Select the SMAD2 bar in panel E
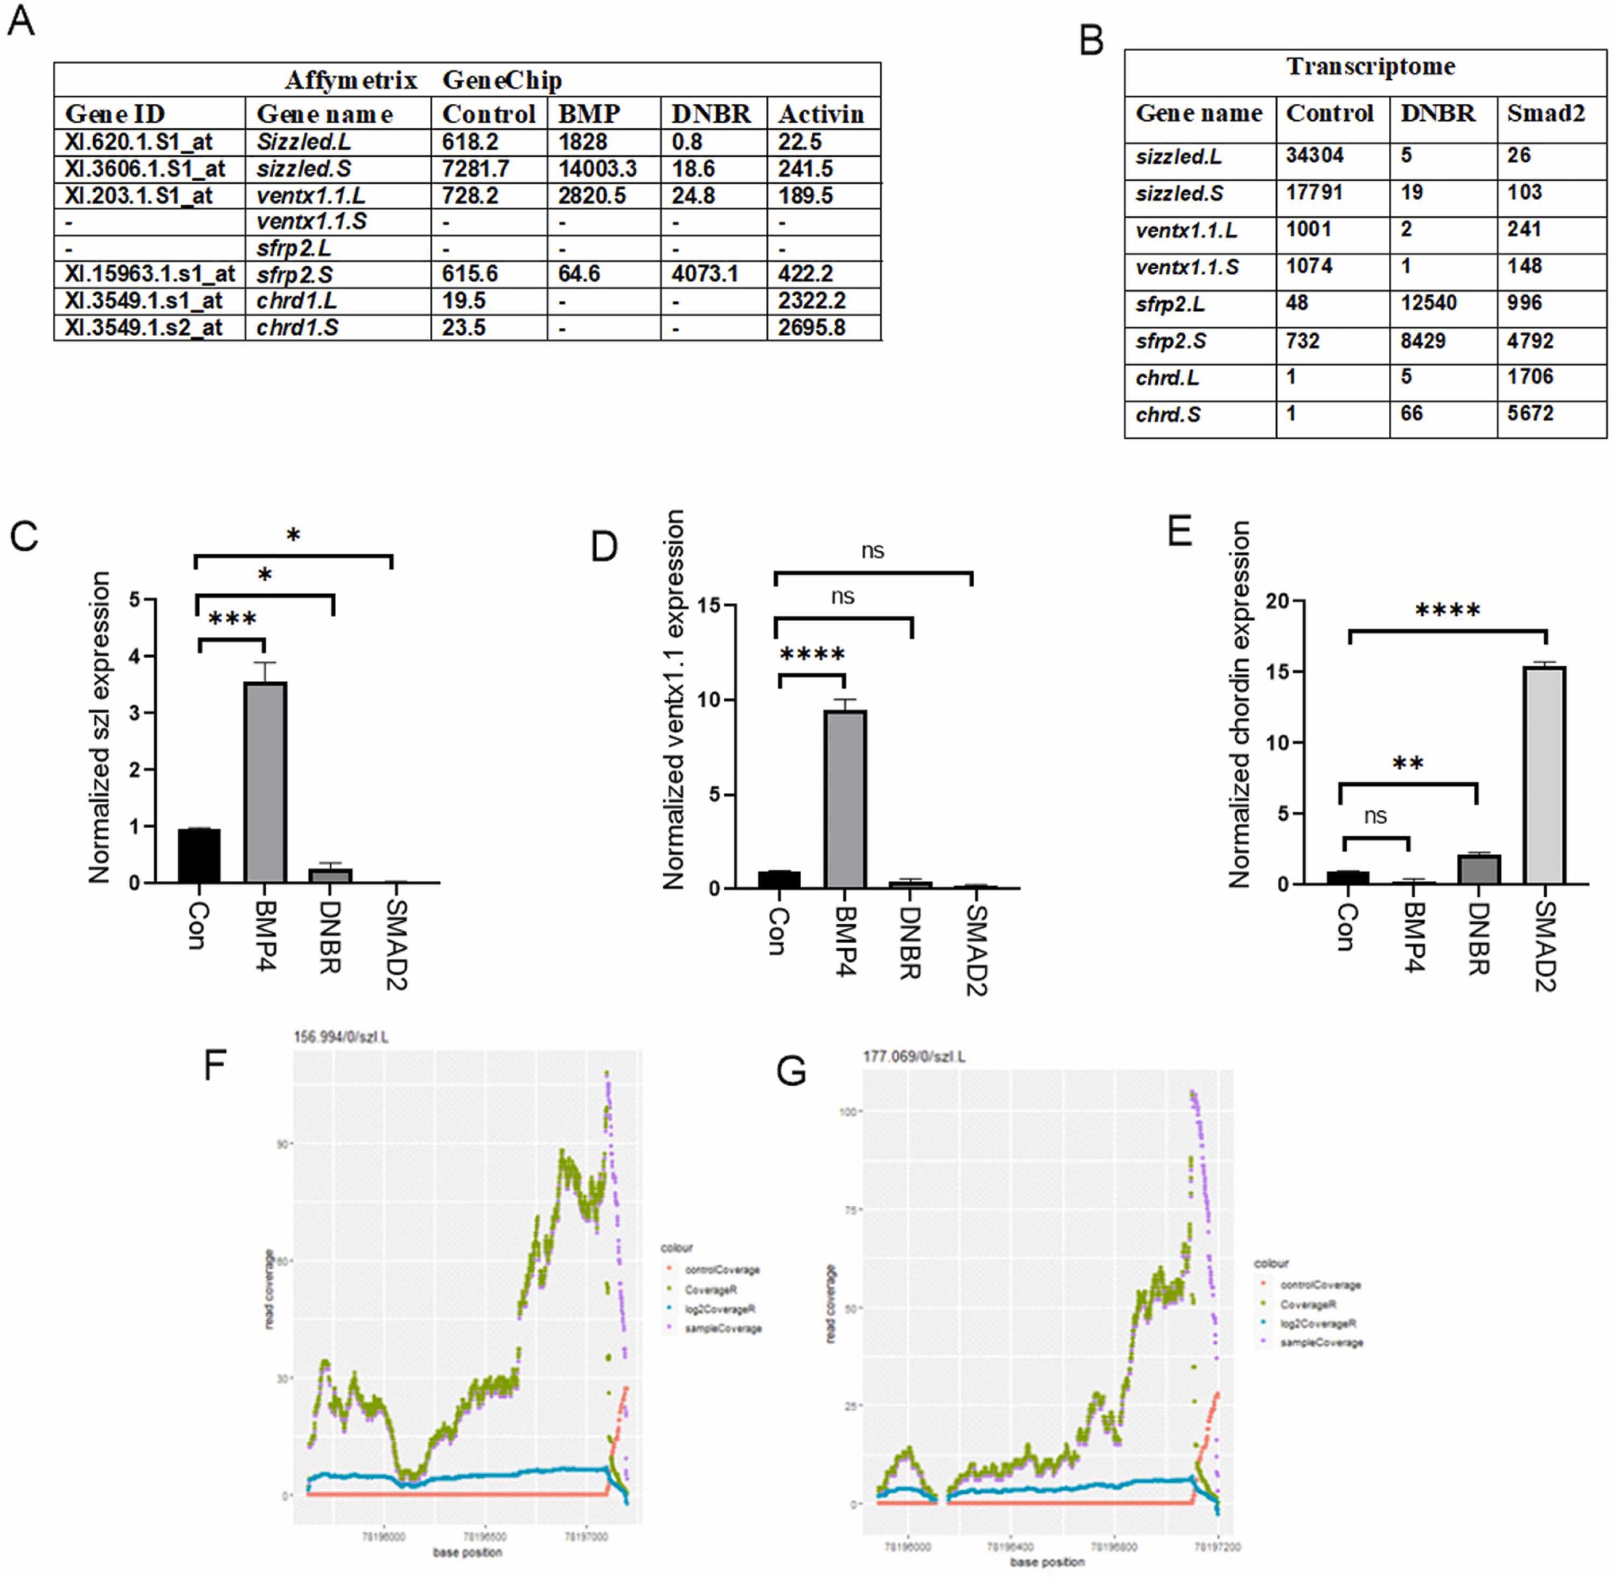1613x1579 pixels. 1544,775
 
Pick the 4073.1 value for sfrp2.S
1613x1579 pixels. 704,274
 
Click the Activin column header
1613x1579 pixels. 821,114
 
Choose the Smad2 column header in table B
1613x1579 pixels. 1545,113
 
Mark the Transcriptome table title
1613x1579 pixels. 1370,66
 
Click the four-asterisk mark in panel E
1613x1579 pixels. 1447,612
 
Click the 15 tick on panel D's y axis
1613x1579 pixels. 708,606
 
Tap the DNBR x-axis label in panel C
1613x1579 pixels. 330,937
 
